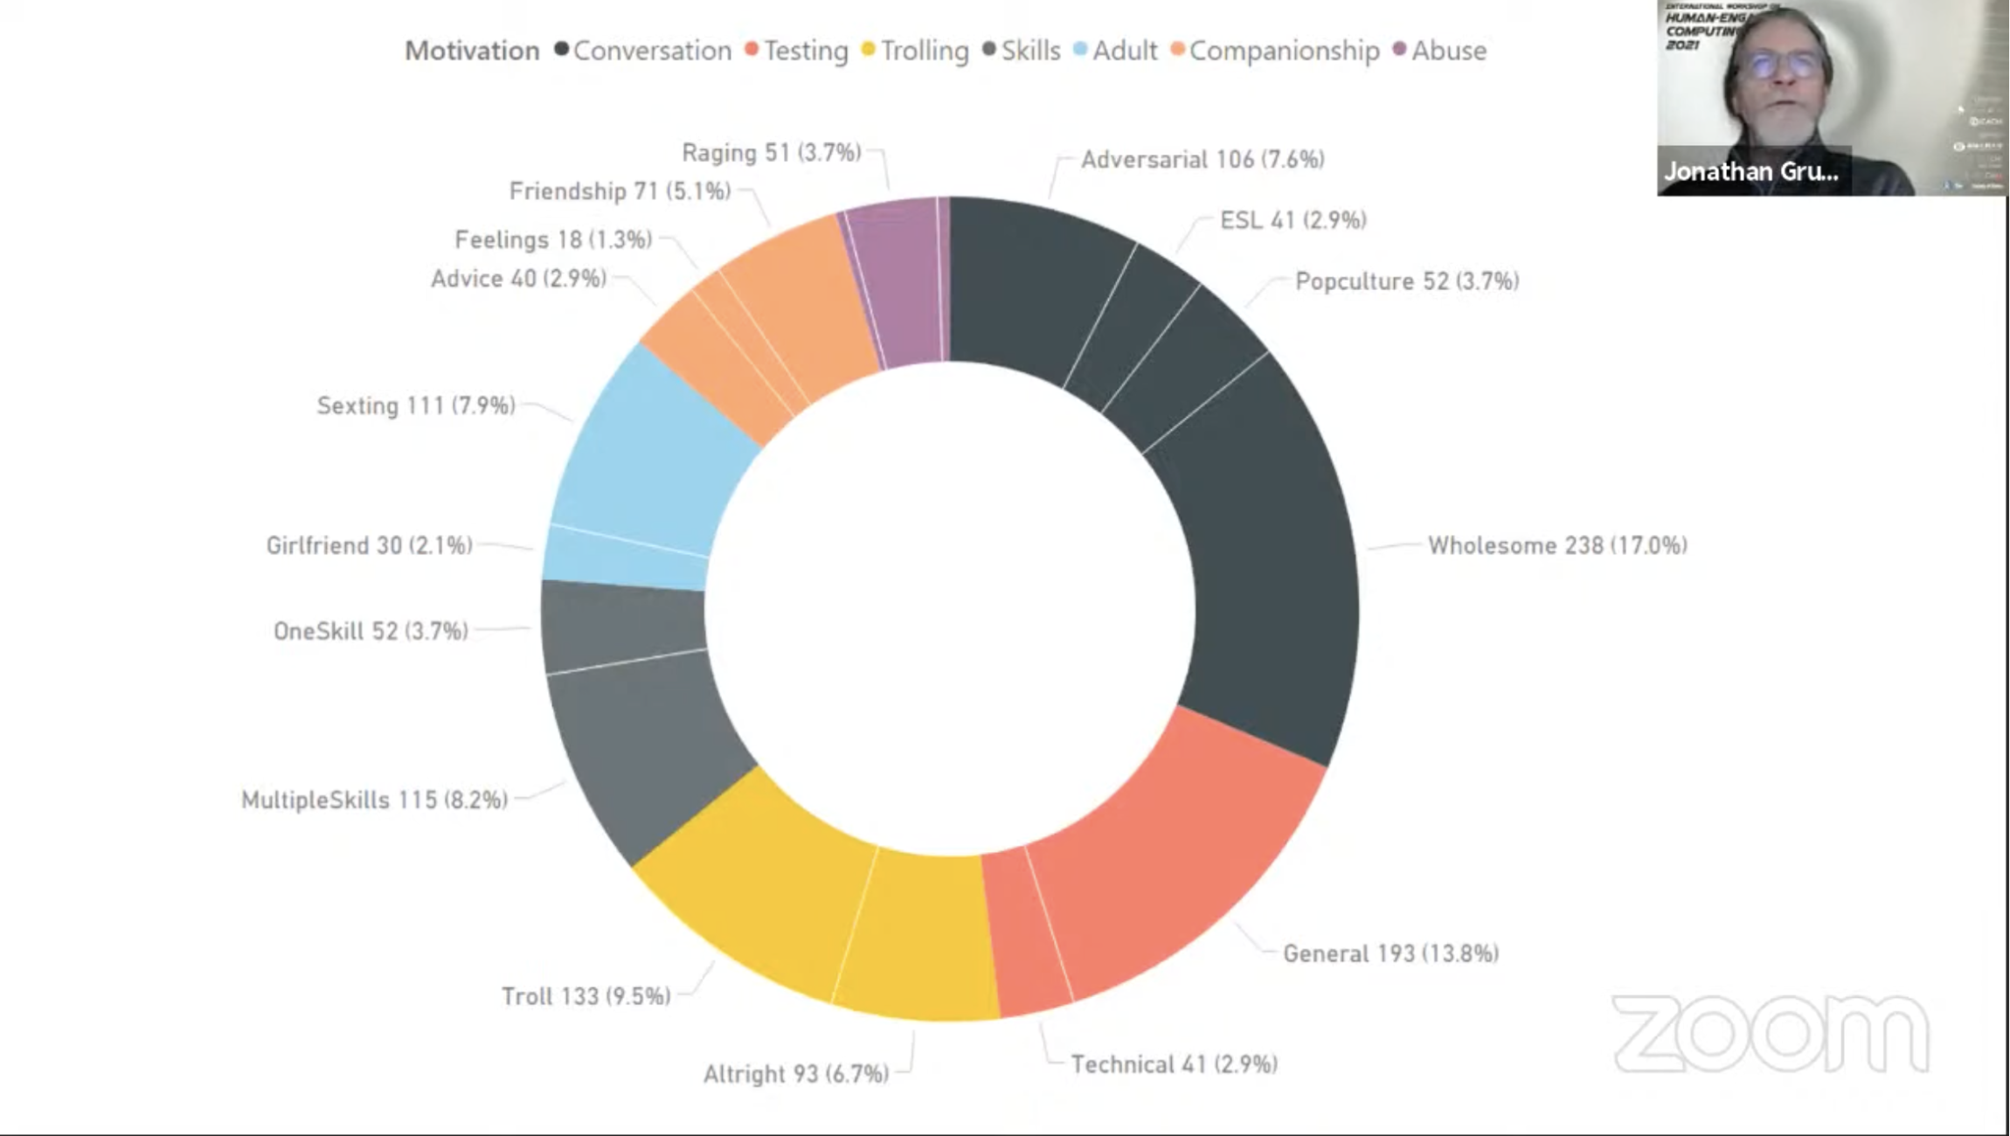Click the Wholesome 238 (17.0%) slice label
coord(1557,545)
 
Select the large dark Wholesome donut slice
coord(1267,559)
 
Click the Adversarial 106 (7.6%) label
coord(1203,160)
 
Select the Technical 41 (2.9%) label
coord(1174,1064)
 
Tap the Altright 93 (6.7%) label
coord(796,1074)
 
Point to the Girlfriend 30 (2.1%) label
coord(369,546)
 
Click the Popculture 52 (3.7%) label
coord(1406,281)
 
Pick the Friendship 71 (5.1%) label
coord(620,191)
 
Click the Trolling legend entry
coord(924,51)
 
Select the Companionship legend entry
coord(1284,51)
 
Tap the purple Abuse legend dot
coord(1399,49)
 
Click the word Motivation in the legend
coord(472,51)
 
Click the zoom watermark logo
coord(1771,1034)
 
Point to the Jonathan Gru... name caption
coord(1751,171)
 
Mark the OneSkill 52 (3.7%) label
coord(371,631)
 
